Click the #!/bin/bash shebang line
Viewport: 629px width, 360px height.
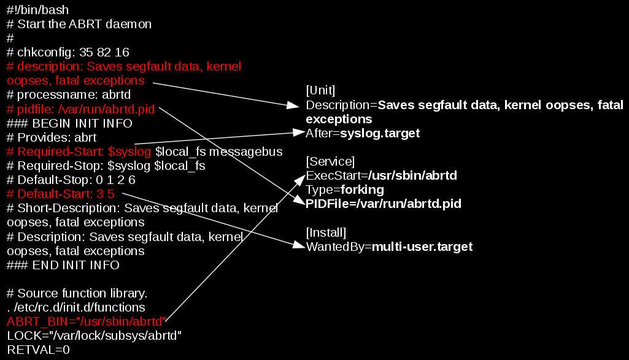coord(38,10)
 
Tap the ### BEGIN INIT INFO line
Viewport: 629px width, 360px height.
coord(69,123)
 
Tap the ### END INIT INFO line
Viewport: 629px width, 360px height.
coord(63,265)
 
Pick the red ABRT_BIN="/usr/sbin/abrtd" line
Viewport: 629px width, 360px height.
coord(86,321)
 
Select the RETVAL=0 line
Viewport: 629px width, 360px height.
coord(39,350)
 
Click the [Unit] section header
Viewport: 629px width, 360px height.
coord(320,91)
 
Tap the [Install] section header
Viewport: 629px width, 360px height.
coord(326,232)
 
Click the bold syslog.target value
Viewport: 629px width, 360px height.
coord(380,133)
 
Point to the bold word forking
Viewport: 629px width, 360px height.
coord(363,190)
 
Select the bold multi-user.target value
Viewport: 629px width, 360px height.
coord(422,247)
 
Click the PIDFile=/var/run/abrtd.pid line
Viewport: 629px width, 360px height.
coord(384,204)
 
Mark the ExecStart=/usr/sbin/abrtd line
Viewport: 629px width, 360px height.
coord(382,175)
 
